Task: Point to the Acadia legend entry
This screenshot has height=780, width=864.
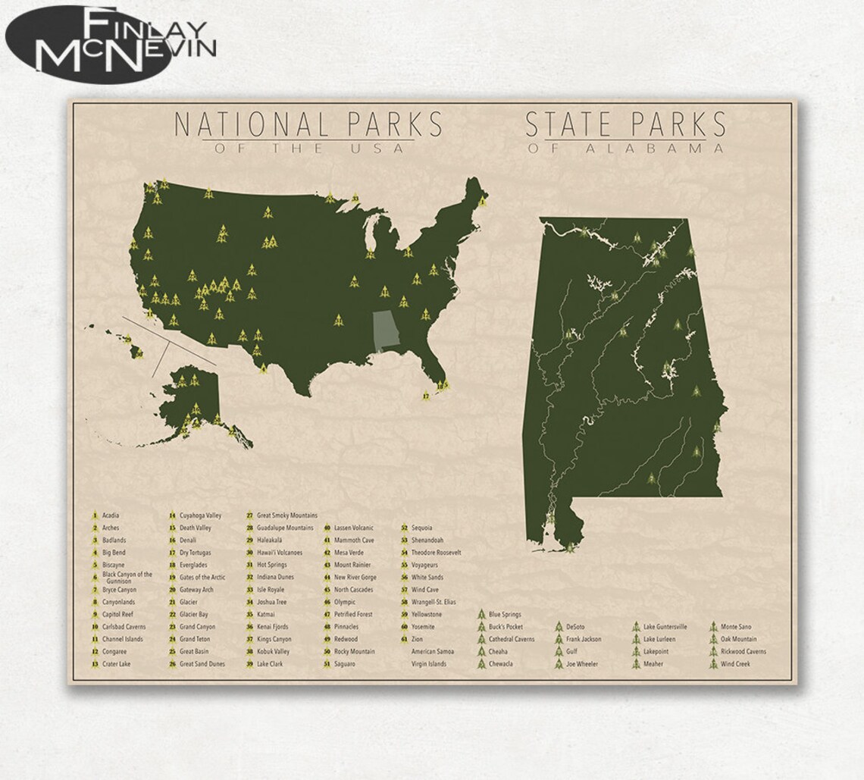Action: pyautogui.click(x=110, y=515)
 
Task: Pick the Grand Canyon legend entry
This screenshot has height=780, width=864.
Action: pyautogui.click(x=197, y=627)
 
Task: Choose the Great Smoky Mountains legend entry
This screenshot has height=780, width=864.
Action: pyautogui.click(x=286, y=515)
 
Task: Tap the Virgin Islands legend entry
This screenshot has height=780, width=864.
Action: pyautogui.click(x=428, y=664)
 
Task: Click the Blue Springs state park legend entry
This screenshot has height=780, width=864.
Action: pyautogui.click(x=505, y=614)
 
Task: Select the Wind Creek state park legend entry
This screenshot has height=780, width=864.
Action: pyautogui.click(x=735, y=664)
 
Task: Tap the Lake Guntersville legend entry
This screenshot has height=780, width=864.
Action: pyautogui.click(x=665, y=627)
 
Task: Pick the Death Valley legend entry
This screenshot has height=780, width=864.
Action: pyautogui.click(x=195, y=528)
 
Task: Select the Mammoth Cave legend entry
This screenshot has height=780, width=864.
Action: pyautogui.click(x=353, y=540)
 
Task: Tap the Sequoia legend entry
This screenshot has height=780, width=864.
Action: pyautogui.click(x=421, y=528)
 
